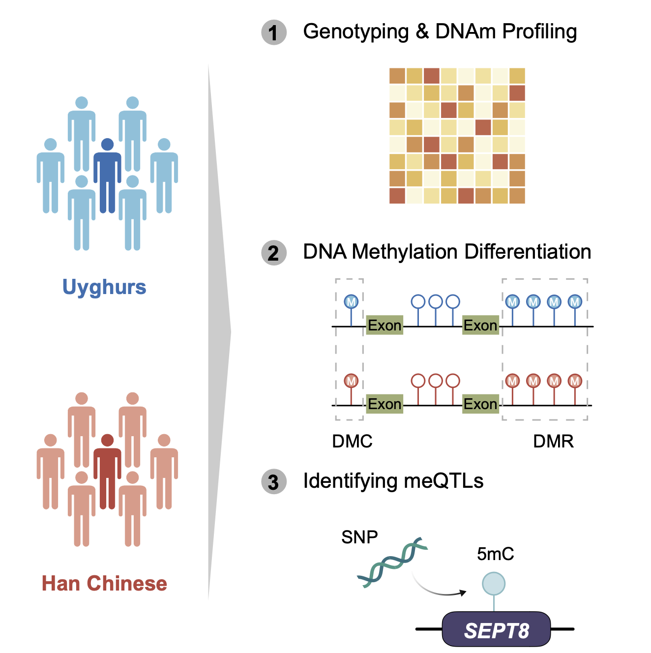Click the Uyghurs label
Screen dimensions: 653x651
pos(104,287)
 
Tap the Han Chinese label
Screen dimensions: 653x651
pos(104,584)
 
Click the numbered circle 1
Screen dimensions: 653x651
pos(273,32)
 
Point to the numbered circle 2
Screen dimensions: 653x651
pos(273,253)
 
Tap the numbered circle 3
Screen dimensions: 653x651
pos(273,482)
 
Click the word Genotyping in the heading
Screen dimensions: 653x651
pos(356,32)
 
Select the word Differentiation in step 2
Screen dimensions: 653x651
pos(528,252)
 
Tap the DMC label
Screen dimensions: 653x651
pos(352,441)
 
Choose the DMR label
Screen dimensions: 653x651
pos(553,441)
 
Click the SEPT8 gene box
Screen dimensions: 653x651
pos(496,630)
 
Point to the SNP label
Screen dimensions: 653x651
pos(359,537)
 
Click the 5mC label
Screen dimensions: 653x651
pos(495,554)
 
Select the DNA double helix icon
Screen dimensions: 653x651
pos(392,562)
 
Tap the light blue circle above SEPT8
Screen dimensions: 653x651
pos(494,584)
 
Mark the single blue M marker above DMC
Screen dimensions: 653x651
pos(351,301)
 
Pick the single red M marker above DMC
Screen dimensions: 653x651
pos(351,381)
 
